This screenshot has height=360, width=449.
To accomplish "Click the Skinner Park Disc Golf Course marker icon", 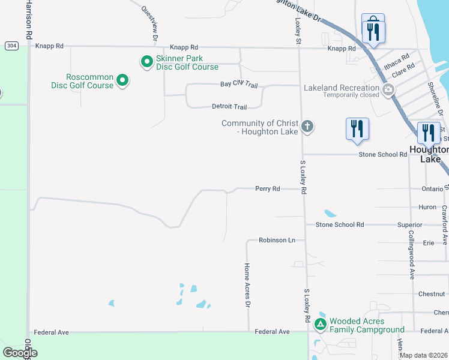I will click(146, 62).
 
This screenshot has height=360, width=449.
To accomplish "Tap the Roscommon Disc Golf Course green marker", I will click(122, 80).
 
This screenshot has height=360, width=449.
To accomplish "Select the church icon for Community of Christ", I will click(307, 126).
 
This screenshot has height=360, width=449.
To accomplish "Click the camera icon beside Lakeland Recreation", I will click(388, 91).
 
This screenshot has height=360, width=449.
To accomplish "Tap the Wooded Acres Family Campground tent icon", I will click(321, 325).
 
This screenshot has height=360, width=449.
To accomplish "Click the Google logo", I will click(20, 352).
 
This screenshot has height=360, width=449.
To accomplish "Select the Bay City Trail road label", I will click(238, 85).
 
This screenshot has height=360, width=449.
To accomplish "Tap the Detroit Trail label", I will click(229, 107).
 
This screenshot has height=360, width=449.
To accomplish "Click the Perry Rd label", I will click(267, 188).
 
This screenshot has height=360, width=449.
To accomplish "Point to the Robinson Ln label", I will click(277, 240).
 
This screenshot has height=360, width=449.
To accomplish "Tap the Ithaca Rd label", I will click(396, 59).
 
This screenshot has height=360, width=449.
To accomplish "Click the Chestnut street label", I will click(432, 294).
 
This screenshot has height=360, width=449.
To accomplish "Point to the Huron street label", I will click(427, 207).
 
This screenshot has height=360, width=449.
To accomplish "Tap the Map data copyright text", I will click(424, 355).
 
